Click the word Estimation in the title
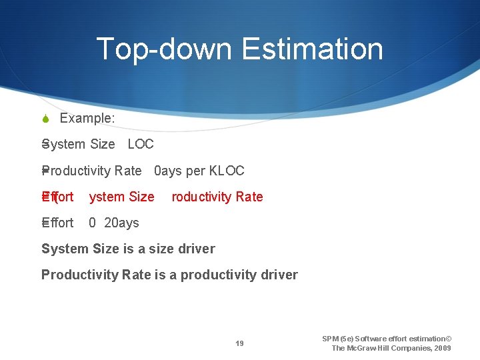(x=313, y=49)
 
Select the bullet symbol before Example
(x=45, y=119)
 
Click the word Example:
(x=87, y=119)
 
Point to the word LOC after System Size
(x=141, y=144)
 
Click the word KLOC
(x=227, y=171)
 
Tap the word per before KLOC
(x=196, y=171)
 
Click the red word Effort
(x=58, y=197)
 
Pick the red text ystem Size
(x=121, y=197)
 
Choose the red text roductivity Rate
(x=217, y=197)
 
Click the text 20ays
(x=122, y=223)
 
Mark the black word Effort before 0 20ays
(x=58, y=223)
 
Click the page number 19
(x=239, y=344)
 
